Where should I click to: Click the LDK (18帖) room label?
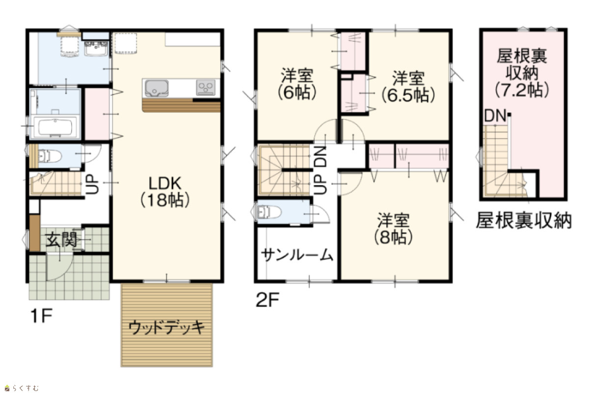click(165, 192)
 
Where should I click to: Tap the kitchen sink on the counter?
click(157, 88)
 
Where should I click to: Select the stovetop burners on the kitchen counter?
click(206, 87)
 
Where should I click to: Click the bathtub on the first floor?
click(55, 127)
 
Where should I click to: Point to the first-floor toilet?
click(50, 156)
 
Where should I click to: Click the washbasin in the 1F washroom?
click(96, 49)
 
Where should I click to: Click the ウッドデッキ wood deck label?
click(166, 328)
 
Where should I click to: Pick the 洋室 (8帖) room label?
click(393, 228)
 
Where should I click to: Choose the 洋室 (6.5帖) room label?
click(408, 86)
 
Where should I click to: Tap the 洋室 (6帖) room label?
click(297, 84)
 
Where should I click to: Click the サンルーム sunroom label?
click(297, 255)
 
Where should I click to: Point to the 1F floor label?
click(42, 316)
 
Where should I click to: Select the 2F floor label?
click(268, 300)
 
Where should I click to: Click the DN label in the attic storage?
click(495, 116)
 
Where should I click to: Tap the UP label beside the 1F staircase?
click(93, 184)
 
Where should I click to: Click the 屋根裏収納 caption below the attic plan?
click(524, 220)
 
